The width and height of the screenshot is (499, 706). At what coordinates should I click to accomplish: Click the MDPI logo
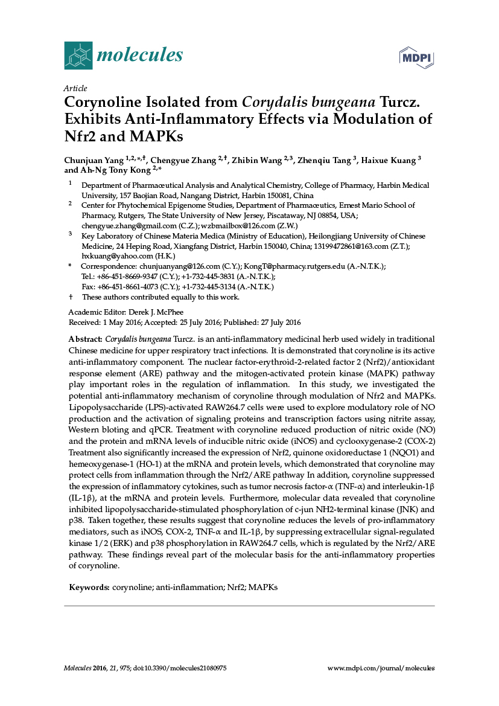click(x=418, y=58)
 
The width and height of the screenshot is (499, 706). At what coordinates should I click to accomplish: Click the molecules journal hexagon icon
click(x=78, y=55)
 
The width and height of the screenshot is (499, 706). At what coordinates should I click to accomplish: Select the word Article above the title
click(x=75, y=88)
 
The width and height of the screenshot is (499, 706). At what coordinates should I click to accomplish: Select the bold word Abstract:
click(x=85, y=339)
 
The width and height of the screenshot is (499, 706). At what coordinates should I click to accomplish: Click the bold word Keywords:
click(x=89, y=587)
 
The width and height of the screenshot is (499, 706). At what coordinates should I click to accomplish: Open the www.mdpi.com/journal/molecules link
click(x=380, y=669)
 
